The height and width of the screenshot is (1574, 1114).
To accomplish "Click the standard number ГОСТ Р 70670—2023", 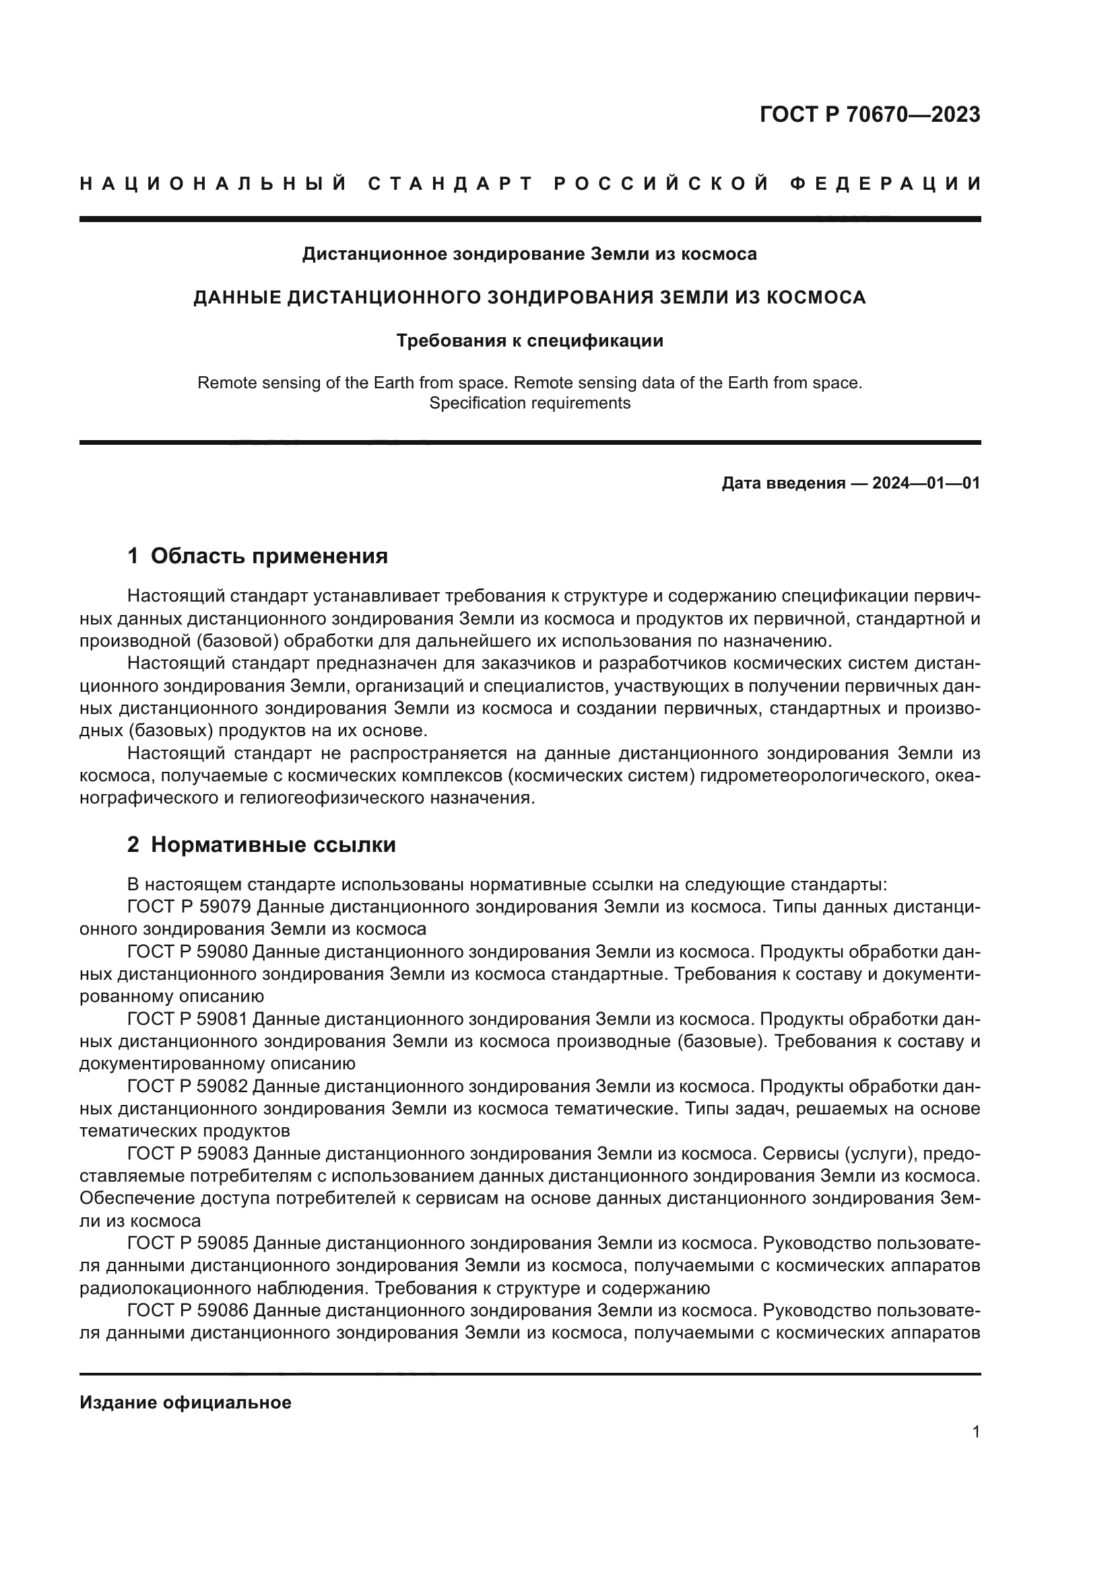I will pos(870,114).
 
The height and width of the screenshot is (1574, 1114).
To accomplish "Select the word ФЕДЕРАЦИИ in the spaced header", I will pos(885,184).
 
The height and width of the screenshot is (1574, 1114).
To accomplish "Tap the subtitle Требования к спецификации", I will pos(529,341).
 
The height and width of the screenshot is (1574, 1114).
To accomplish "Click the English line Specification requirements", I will pos(529,403).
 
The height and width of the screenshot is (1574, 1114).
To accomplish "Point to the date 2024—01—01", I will pos(925,483).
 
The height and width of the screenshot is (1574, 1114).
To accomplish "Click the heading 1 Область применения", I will pos(258,556).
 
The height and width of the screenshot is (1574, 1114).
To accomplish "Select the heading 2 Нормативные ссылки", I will pos(261,845).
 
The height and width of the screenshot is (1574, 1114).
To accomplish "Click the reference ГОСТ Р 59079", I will pos(189,907).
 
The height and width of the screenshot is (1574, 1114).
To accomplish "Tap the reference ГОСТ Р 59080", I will pos(189,952).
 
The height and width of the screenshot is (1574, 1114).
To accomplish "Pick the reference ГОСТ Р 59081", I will pos(189,1019).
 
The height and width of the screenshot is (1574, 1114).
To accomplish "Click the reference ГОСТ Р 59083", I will pos(189,1155).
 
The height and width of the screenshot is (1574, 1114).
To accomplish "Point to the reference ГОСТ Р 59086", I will pos(189,1312).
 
